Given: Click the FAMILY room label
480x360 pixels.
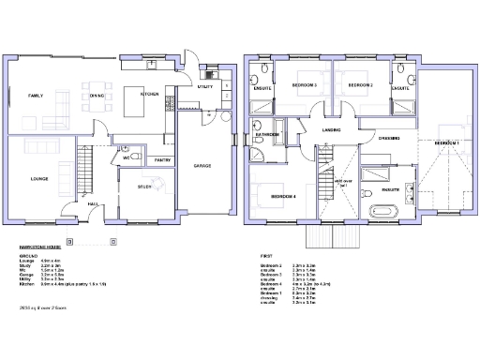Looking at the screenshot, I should [36, 96].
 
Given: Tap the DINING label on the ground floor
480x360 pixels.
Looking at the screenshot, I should [97, 96].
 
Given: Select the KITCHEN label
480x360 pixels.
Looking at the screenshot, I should [149, 95].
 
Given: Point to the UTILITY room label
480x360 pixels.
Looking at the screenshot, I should [205, 86].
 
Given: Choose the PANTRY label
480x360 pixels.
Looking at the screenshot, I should [161, 160].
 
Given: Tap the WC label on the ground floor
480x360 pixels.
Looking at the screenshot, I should [124, 158].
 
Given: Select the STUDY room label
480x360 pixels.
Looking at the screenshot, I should [144, 187].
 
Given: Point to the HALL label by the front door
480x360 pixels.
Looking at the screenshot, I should [93, 203].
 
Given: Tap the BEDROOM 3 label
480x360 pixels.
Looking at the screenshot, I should [304, 85].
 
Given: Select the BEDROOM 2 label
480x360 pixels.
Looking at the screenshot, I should [361, 85].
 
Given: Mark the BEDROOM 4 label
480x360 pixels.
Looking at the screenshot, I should [283, 196].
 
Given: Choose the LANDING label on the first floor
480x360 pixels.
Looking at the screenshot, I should [331, 130].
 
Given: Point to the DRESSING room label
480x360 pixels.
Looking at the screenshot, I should [389, 139].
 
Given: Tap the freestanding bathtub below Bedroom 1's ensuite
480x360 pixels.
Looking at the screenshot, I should [385, 209].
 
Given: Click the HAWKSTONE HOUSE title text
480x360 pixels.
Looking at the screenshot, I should [39, 246].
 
